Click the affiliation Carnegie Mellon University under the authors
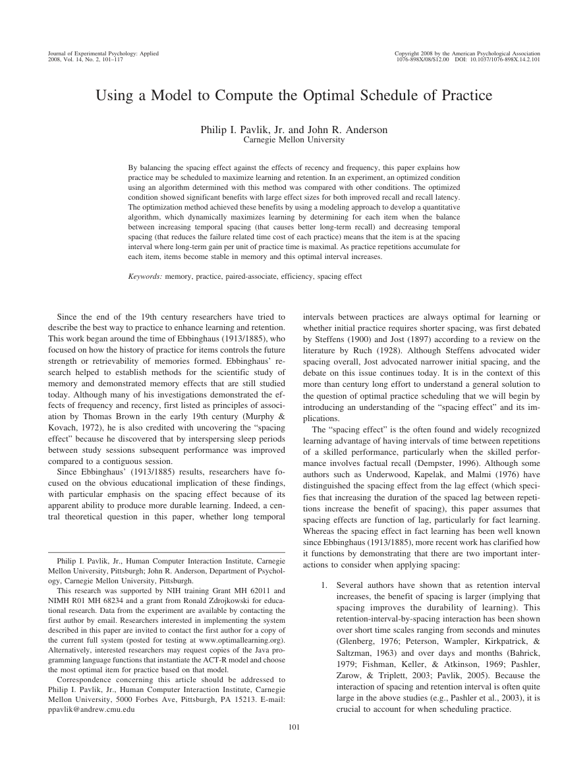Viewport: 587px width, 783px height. (x=293, y=140)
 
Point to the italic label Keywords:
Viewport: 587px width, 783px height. (x=145, y=277)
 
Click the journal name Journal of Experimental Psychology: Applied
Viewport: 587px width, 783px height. (x=103, y=53)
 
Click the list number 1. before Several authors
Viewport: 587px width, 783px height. (x=323, y=585)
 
